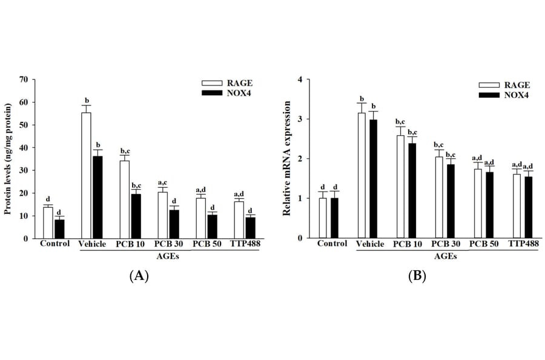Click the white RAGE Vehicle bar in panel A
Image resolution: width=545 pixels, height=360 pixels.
click(86, 176)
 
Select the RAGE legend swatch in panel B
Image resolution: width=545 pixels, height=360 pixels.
click(489, 85)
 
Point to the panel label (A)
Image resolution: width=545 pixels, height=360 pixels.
click(139, 276)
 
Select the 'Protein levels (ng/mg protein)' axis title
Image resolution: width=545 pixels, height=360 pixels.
click(8, 159)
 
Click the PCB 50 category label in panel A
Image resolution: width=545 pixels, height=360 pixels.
click(206, 244)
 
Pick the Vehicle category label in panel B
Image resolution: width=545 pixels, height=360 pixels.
click(370, 244)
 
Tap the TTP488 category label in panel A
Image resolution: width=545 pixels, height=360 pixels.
click(245, 244)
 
